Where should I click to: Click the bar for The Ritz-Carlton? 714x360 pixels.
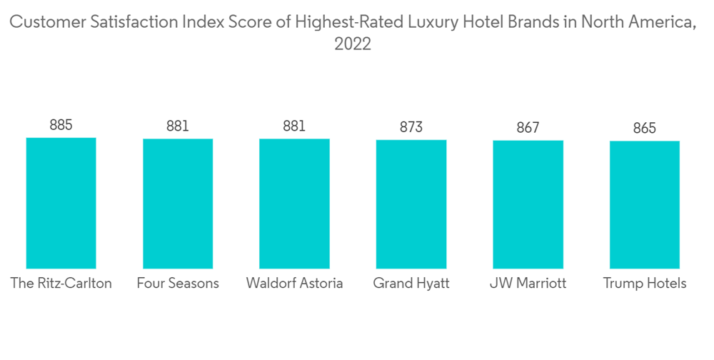click(x=61, y=203)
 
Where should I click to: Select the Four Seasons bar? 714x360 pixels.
click(x=178, y=204)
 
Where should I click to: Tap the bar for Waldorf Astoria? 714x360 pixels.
click(x=294, y=204)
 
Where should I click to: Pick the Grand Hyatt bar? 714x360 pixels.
click(x=411, y=204)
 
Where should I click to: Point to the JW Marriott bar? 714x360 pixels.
click(x=528, y=204)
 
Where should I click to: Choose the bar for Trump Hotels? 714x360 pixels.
click(x=644, y=205)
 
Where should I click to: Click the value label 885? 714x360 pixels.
click(x=61, y=125)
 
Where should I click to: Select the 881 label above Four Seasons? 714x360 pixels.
click(x=178, y=126)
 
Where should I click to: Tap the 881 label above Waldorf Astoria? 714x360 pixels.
click(x=294, y=126)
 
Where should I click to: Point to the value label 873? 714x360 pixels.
click(x=411, y=127)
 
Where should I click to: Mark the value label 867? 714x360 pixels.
click(x=528, y=128)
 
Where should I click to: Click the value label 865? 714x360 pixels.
click(x=644, y=129)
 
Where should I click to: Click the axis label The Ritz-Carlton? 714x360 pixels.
click(x=61, y=284)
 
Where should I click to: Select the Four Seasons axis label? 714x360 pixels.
click(x=178, y=284)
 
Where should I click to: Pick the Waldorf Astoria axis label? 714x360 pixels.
click(x=294, y=284)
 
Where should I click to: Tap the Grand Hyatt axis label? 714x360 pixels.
click(x=411, y=284)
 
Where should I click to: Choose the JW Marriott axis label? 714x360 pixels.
click(x=528, y=284)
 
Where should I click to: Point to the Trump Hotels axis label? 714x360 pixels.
click(x=644, y=284)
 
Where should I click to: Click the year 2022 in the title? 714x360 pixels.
click(x=353, y=44)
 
